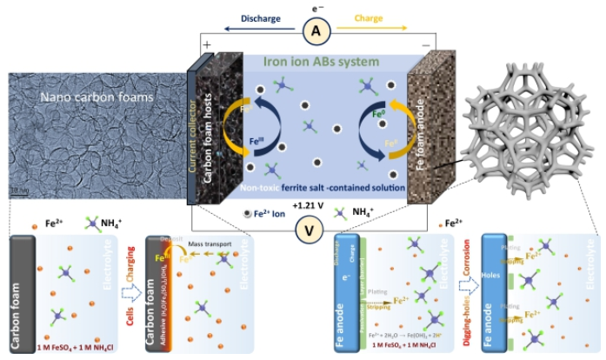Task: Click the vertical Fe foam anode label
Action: (425, 130)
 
